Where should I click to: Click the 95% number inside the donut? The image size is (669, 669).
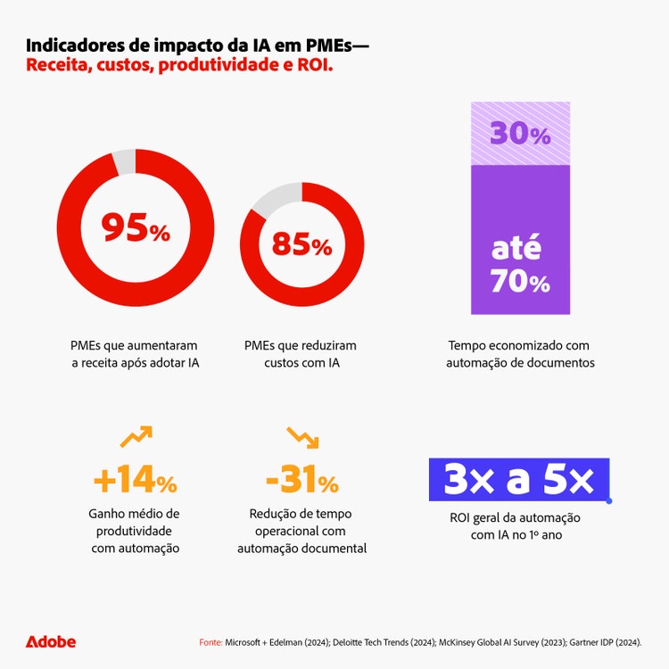(135, 228)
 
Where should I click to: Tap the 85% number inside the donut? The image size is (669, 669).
(302, 244)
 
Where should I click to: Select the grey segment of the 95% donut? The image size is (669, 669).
(123, 162)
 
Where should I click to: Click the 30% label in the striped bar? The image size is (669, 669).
(520, 134)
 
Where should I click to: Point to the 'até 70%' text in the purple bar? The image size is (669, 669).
(520, 265)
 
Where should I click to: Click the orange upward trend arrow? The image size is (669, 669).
(136, 436)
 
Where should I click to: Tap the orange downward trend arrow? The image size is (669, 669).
(302, 436)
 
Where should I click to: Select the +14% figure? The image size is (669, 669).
(135, 482)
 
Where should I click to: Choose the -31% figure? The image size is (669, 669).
(302, 482)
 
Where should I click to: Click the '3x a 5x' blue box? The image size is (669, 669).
(519, 481)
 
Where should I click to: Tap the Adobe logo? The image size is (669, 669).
(51, 641)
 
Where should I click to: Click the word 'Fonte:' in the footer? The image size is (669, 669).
(210, 642)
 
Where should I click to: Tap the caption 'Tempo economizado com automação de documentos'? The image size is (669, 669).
(520, 354)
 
